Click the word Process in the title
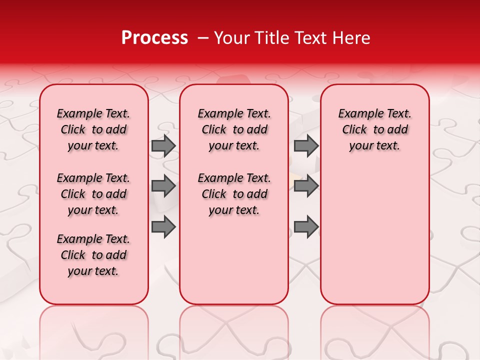(x=154, y=38)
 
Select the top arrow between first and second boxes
(x=163, y=145)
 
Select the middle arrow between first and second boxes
(x=163, y=186)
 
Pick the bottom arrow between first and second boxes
(x=163, y=226)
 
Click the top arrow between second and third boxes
(x=306, y=145)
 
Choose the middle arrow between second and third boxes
(x=306, y=186)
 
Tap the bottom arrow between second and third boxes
(x=306, y=226)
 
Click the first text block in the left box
(x=93, y=129)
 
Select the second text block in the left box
(x=93, y=194)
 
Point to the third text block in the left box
(x=93, y=255)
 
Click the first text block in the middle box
(x=234, y=129)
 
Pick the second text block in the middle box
(x=234, y=194)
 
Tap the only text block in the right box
(x=374, y=129)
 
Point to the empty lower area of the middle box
(x=234, y=260)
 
